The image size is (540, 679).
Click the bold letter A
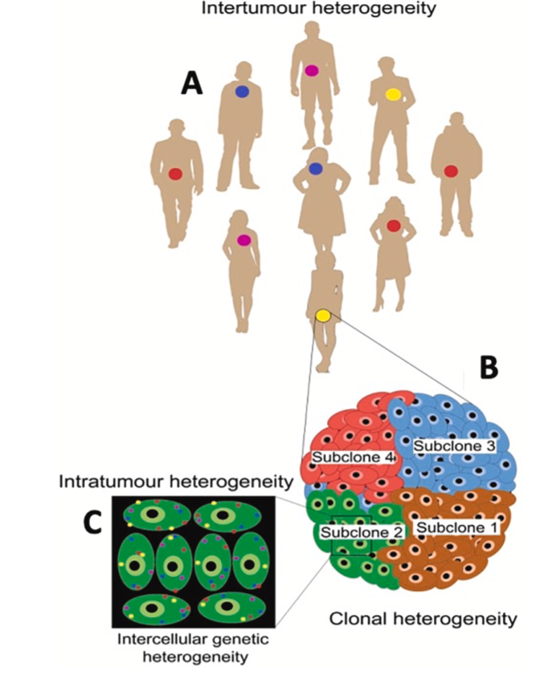191,83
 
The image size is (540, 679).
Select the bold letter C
95,522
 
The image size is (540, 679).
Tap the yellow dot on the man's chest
393,95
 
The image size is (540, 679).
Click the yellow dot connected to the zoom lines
323,315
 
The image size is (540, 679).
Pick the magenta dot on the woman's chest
243,239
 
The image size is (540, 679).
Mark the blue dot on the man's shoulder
242,92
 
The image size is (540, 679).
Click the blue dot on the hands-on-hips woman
316,168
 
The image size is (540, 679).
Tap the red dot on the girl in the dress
394,226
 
